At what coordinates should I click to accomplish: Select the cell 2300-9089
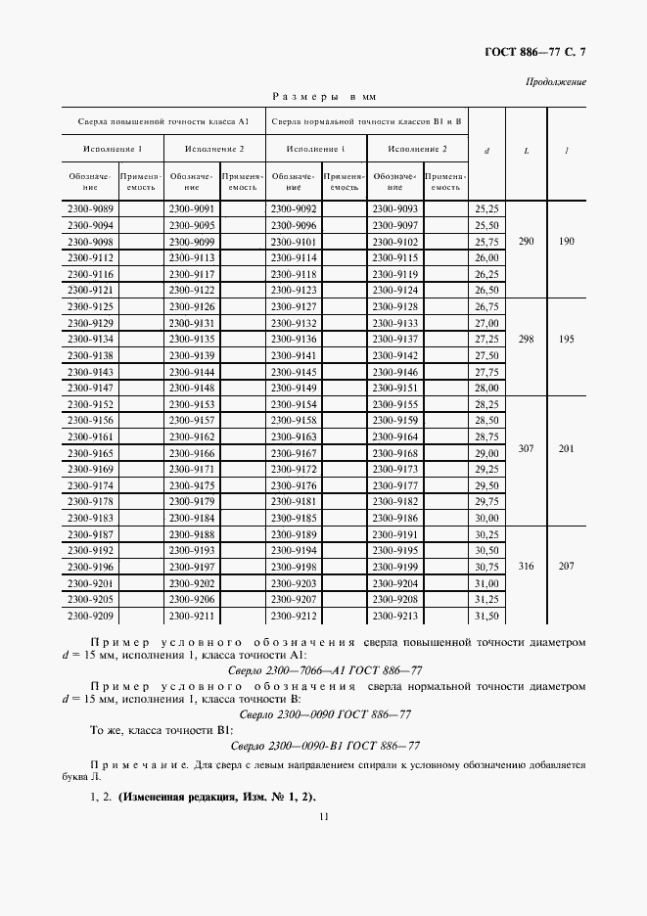click(x=89, y=209)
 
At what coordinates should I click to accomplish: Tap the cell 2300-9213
click(x=394, y=617)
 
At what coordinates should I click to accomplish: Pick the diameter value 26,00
click(x=486, y=257)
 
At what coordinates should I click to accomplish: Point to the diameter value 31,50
click(x=486, y=617)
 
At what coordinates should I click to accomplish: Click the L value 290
click(x=527, y=241)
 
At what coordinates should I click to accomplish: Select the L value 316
click(x=527, y=567)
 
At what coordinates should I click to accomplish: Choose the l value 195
click(x=567, y=339)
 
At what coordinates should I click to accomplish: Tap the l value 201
click(x=567, y=448)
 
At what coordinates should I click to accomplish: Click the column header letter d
click(x=486, y=151)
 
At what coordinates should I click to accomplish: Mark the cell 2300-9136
click(x=294, y=339)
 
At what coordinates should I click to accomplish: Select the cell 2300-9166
click(x=192, y=453)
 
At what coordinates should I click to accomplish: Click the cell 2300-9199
click(x=394, y=568)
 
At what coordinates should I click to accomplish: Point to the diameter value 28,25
click(x=486, y=404)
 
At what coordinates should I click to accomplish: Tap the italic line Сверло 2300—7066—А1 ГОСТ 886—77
click(x=324, y=670)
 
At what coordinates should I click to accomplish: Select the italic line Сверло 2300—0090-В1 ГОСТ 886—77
click(x=324, y=745)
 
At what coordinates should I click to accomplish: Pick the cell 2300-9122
click(x=192, y=291)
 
